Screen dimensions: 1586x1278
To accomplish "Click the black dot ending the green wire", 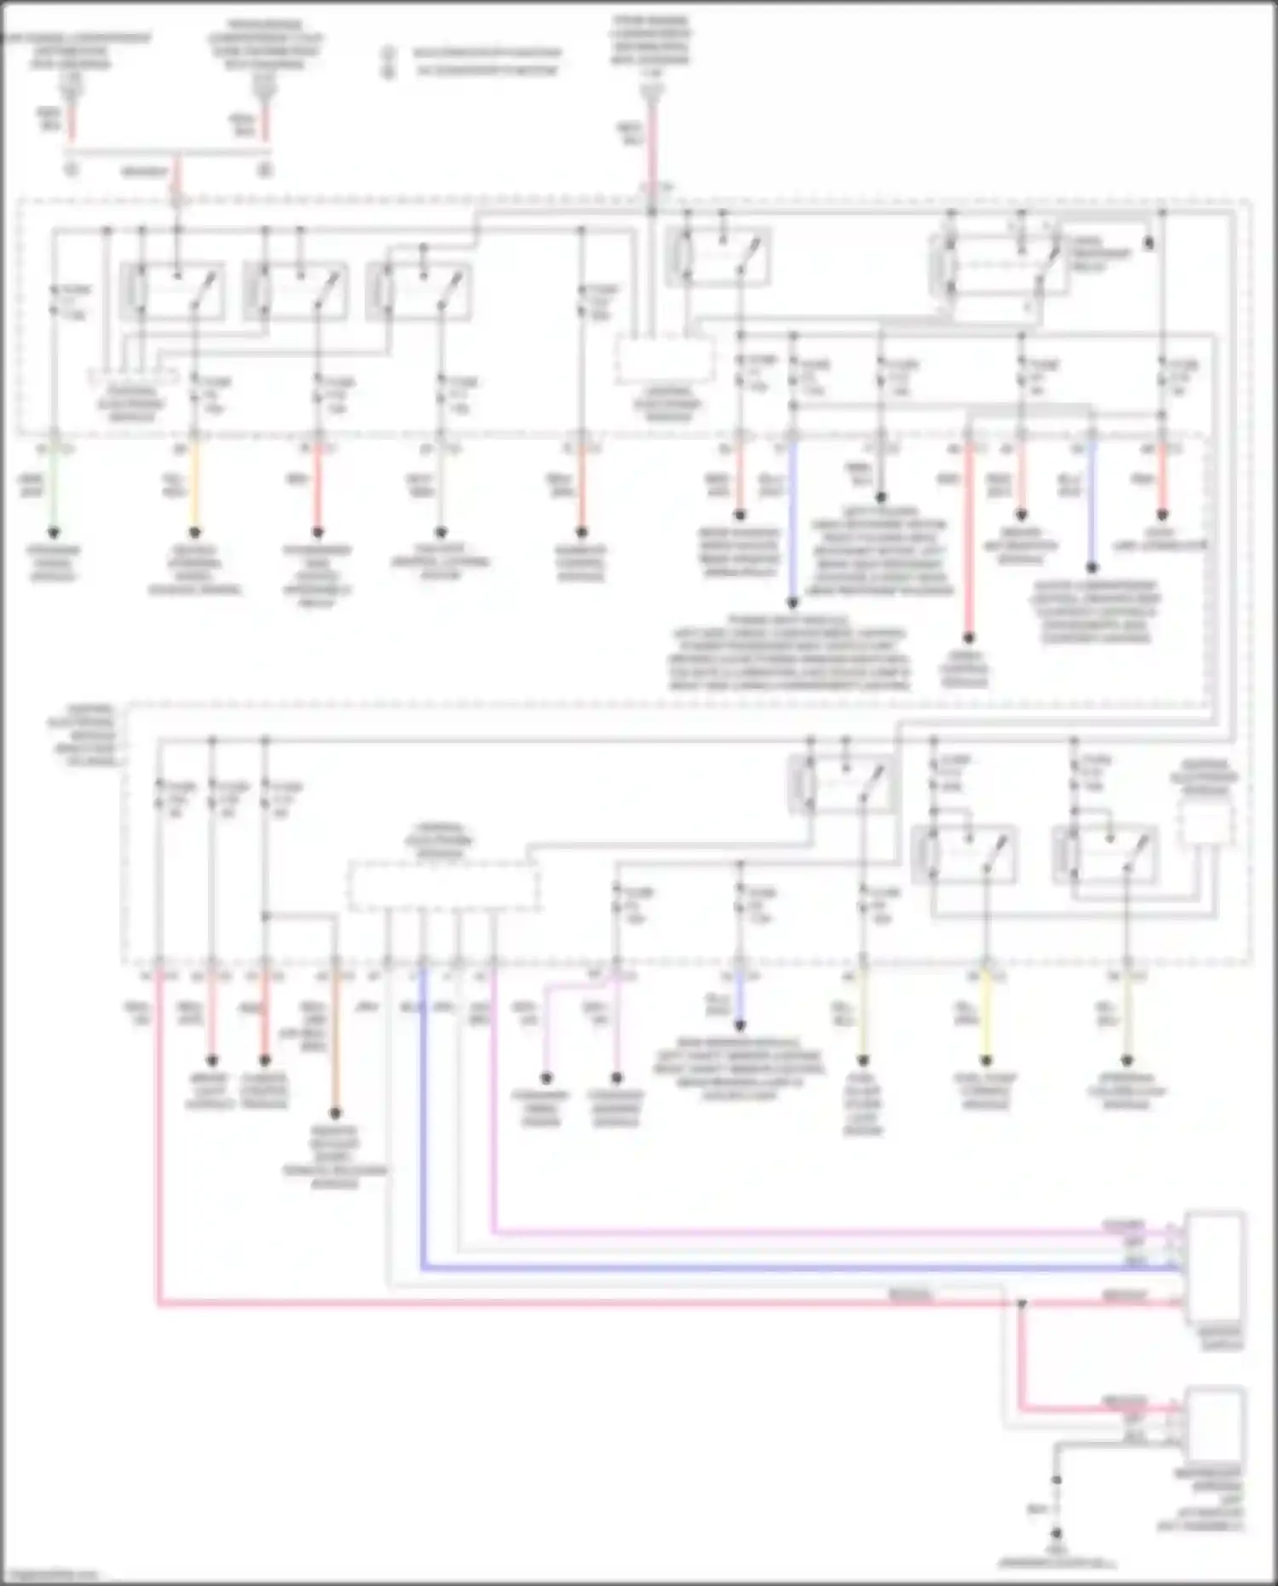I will click(53, 533).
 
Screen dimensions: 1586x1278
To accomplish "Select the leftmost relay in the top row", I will click(174, 291).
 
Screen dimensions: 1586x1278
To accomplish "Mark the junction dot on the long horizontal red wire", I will click(1022, 1303).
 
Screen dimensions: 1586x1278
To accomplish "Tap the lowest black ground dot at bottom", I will click(1056, 1532).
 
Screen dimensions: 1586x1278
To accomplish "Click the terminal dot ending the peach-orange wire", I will click(335, 1113).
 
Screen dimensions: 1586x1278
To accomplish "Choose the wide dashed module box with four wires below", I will click(443, 886).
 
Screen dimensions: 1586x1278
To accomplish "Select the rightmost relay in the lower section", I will click(1106, 855).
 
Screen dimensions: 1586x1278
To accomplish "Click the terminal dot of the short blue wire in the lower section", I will click(740, 1026).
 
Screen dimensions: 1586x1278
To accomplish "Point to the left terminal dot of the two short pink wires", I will click(546, 1078).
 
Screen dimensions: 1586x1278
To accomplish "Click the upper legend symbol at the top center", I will click(389, 54).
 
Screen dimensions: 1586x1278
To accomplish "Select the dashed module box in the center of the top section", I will click(665, 359).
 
